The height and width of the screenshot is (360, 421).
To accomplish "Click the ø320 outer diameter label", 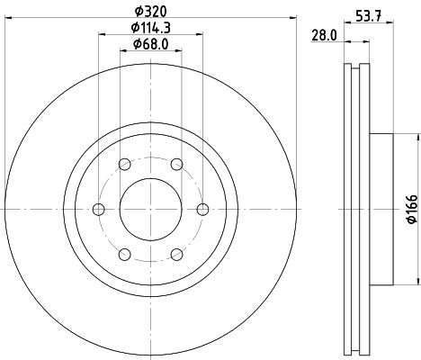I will pos(151,13).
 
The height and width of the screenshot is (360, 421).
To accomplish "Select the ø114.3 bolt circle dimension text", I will pos(151,28).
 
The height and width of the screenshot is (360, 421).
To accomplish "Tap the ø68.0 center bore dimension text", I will pos(151,44).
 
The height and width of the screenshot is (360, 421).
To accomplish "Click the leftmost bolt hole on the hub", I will pos(99,209).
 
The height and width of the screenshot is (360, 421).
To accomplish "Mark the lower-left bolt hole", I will pos(124,254).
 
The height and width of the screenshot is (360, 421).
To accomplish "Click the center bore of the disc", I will pos(150,209).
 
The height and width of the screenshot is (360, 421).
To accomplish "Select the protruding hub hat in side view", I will pos(381,209).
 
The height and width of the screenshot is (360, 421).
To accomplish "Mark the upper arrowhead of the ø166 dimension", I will pos(417,138).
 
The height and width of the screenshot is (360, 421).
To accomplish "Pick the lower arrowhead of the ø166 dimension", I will pos(417,281).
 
